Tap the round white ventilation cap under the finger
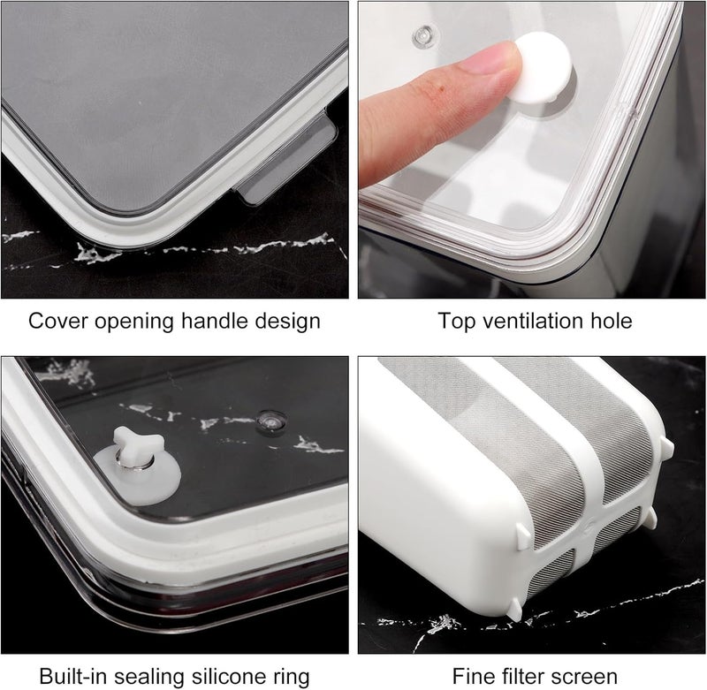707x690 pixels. [544, 70]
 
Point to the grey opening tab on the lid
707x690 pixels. [287, 161]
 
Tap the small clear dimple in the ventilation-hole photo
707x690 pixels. [425, 36]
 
